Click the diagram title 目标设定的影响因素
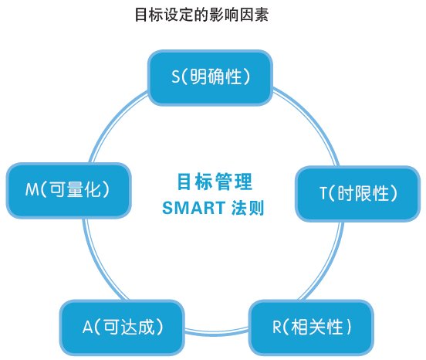click(202, 15)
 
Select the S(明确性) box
click(210, 78)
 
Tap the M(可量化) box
click(69, 190)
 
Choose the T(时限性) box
click(358, 194)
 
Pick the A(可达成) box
click(122, 328)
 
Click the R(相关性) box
click(311, 328)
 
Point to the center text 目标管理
click(215, 182)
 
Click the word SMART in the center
click(194, 208)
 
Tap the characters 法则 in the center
click(248, 208)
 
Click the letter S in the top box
click(176, 76)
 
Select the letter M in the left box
click(32, 189)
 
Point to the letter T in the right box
click(323, 193)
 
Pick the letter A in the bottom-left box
click(88, 327)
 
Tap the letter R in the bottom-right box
click(276, 327)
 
